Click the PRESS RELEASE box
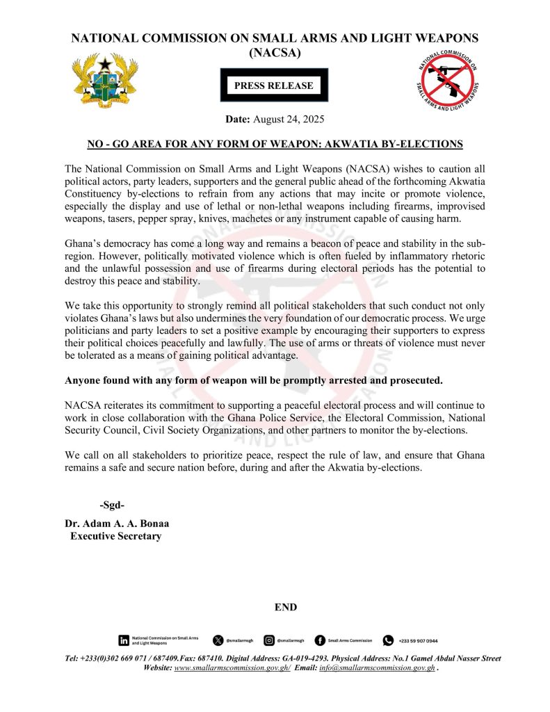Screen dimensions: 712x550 (x=274, y=86)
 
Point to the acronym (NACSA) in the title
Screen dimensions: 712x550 (x=275, y=52)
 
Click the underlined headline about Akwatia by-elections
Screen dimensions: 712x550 (x=275, y=144)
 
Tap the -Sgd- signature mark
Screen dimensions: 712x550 (x=112, y=505)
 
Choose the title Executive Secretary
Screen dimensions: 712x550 (x=115, y=536)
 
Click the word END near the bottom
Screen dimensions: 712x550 (x=286, y=607)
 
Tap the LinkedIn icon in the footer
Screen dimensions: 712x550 (x=124, y=640)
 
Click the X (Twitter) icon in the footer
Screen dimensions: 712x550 (x=218, y=640)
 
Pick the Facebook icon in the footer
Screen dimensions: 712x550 (x=320, y=640)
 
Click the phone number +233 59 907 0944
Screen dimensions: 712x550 (x=419, y=640)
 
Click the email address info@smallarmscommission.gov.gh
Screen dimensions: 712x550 (x=377, y=668)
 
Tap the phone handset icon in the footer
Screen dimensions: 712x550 (x=388, y=640)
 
